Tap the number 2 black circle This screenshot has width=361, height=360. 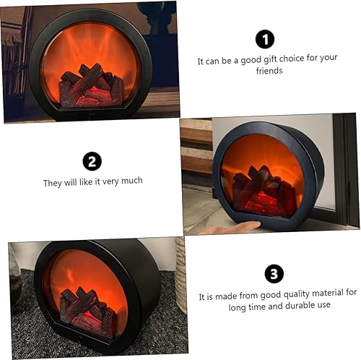92,161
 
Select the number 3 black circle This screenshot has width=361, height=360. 274,273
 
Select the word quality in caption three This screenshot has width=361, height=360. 283,293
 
